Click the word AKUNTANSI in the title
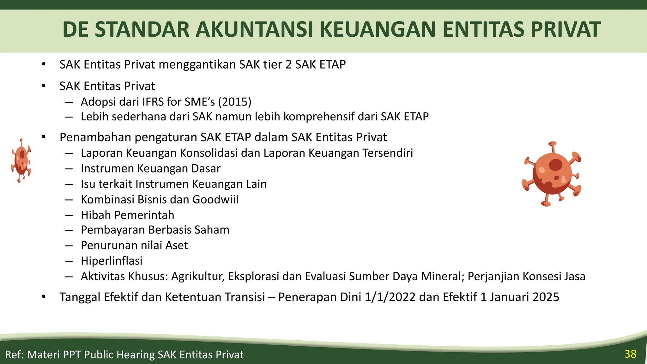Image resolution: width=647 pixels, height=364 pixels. click(x=254, y=29)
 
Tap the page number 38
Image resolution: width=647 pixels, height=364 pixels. click(x=630, y=354)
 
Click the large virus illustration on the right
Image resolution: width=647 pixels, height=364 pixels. click(x=552, y=174)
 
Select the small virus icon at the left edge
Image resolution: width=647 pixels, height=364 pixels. click(x=21, y=161)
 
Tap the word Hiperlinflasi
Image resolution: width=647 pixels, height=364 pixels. click(x=112, y=261)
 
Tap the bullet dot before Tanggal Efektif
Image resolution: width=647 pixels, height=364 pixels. click(x=44, y=297)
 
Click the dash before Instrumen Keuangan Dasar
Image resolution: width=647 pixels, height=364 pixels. click(x=69, y=169)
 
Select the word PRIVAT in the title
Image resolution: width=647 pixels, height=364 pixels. click(x=565, y=29)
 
